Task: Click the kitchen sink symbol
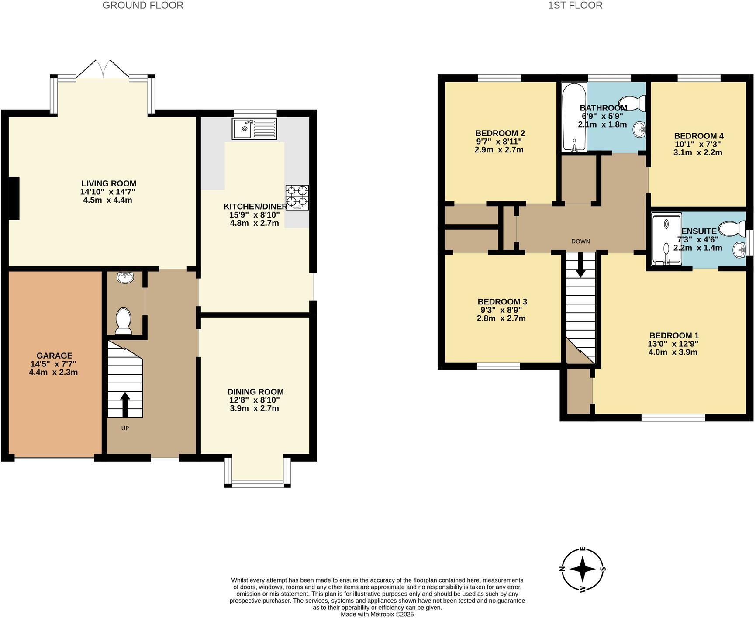point(255,128)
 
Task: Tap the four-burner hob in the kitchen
point(297,197)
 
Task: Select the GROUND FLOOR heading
point(143,5)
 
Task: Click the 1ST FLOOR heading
point(575,5)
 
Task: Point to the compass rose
point(583,569)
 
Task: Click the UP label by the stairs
point(125,428)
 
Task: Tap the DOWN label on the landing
point(580,241)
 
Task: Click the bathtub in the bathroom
point(574,117)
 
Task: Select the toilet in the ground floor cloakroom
point(124,321)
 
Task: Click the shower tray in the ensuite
point(666,239)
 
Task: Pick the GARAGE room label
point(55,356)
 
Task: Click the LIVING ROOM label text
point(109,183)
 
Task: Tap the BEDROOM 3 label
point(502,301)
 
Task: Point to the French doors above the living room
point(103,70)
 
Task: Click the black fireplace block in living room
point(14,198)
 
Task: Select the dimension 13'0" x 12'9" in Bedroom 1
point(673,344)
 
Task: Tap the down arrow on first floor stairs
point(580,266)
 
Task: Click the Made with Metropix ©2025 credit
point(377,614)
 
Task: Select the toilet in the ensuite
point(733,228)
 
